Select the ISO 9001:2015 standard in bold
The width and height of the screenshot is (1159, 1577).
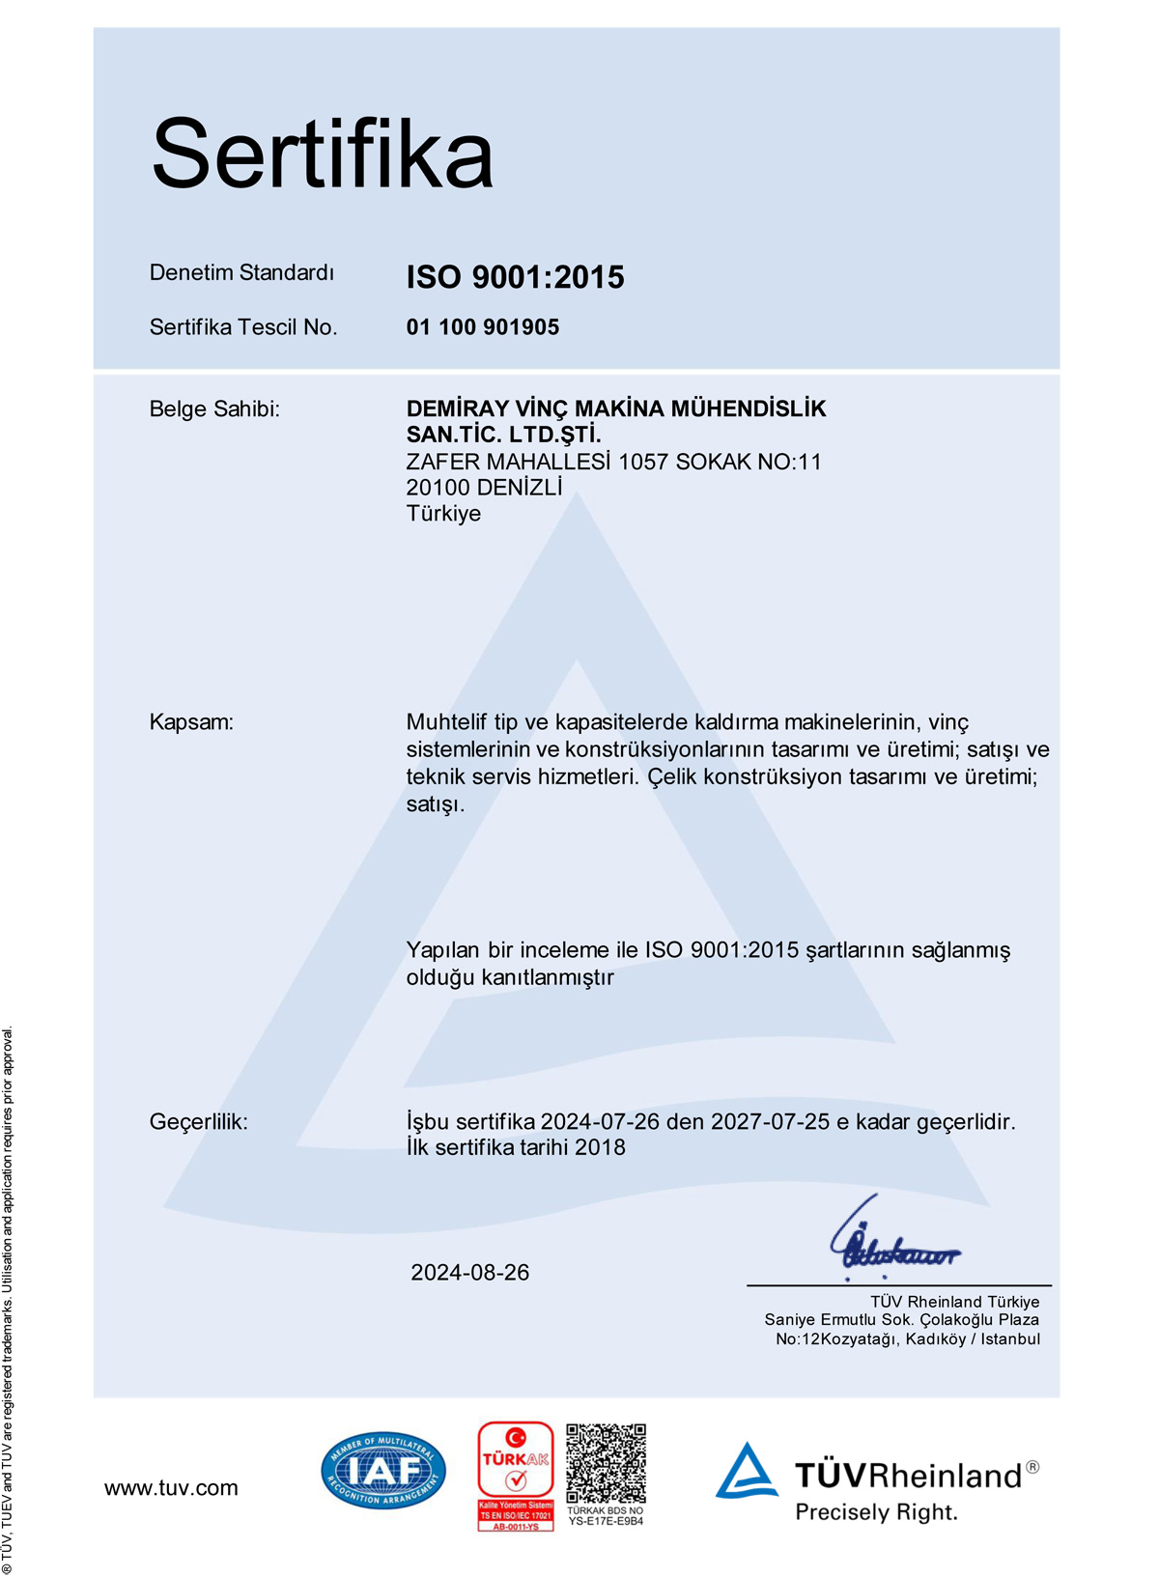pos(515,277)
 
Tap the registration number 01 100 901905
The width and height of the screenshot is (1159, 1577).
pos(482,327)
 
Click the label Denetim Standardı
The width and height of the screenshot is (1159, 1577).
pos(241,273)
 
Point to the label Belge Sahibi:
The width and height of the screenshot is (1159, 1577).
pos(214,409)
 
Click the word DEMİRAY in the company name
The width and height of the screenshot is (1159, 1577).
pos(457,409)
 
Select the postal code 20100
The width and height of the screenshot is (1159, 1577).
pos(438,488)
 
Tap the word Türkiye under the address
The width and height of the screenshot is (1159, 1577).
pos(443,514)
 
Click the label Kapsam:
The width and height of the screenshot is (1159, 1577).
pos(191,722)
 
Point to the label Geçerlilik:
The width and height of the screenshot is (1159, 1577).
pos(198,1122)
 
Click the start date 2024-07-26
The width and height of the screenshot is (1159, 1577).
pos(600,1122)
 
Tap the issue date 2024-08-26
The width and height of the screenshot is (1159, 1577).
pos(470,1273)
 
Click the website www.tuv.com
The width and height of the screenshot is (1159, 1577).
pos(171,1488)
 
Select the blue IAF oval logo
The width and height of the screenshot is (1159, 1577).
pos(383,1471)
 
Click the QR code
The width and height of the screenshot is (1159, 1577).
pos(606,1463)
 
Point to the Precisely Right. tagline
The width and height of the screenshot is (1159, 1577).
pos(876,1512)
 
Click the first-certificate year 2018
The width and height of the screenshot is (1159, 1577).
pos(600,1148)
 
